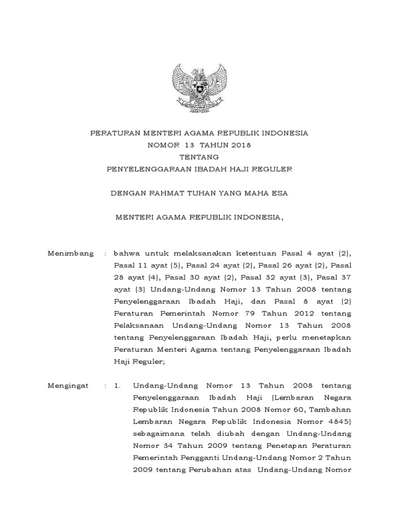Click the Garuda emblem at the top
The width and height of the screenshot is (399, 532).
pyautogui.click(x=199, y=86)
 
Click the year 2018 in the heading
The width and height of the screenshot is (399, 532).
pyautogui.click(x=240, y=145)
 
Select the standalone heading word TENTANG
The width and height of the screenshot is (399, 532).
pyautogui.click(x=199, y=157)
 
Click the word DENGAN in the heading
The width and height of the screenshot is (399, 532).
pyautogui.click(x=128, y=193)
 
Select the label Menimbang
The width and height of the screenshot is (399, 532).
pyautogui.click(x=71, y=254)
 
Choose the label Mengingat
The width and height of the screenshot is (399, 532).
pyautogui.click(x=69, y=386)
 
